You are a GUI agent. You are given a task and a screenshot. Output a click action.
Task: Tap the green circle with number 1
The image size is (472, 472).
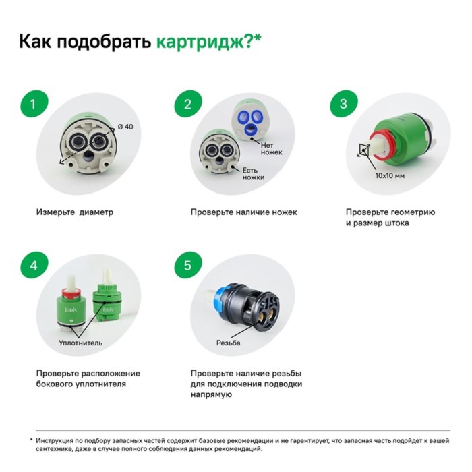(x=34, y=104)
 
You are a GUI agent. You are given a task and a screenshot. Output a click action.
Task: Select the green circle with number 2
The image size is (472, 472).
(x=188, y=104)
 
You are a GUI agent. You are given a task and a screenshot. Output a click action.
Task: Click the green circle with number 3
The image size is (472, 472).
(x=344, y=104)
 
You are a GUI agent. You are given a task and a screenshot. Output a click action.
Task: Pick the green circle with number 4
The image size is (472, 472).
(x=34, y=266)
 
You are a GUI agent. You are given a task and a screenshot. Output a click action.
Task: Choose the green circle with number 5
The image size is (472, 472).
(x=188, y=266)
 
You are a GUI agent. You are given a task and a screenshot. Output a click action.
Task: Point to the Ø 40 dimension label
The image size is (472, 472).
(x=125, y=127)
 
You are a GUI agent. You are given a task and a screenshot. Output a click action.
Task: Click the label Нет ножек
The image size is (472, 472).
(x=271, y=149)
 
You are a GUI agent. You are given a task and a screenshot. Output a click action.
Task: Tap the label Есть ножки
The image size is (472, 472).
(x=254, y=174)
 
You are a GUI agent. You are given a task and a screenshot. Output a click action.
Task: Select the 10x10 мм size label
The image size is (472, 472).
(x=390, y=176)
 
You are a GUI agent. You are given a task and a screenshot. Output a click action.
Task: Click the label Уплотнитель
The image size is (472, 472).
(x=81, y=343)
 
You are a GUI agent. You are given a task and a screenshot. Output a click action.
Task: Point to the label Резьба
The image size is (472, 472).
(x=228, y=343)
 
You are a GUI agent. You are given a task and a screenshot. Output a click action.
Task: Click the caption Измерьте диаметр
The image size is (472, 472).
(x=75, y=212)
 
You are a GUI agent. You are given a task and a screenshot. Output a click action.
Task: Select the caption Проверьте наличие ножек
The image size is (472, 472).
(x=244, y=212)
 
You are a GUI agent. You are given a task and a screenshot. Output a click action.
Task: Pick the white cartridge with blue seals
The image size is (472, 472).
(x=250, y=121)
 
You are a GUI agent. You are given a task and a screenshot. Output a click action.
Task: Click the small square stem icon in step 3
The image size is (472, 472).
(x=364, y=150)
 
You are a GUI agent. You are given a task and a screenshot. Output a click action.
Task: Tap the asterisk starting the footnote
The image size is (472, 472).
(x=31, y=440)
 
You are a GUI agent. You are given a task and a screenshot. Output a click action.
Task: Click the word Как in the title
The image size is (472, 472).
(x=36, y=41)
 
